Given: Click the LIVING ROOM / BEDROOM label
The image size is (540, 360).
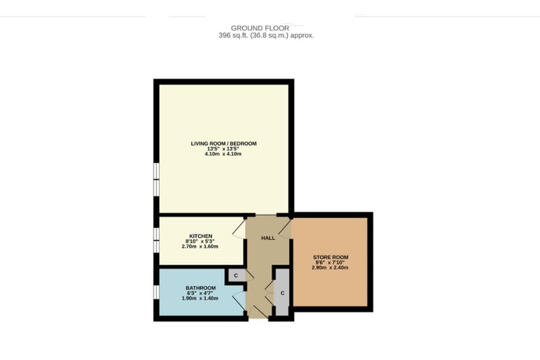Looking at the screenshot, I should pos(224,143).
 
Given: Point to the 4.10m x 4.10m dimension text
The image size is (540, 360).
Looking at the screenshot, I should pos(224,155).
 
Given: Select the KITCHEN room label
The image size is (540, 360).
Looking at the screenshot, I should pos(200,236).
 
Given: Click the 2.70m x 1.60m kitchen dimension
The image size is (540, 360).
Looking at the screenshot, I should pos(200,246).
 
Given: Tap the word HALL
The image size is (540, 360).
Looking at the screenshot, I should pos(268,238).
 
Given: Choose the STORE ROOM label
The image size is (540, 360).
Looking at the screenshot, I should pos(330,257).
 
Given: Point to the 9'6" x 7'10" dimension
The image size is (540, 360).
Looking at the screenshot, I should pos(330,262).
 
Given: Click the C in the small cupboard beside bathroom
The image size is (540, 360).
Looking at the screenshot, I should pos(236,275).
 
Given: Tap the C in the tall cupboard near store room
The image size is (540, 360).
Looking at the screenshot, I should pos(283,293).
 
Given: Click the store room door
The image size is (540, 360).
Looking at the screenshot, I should pos(285,229).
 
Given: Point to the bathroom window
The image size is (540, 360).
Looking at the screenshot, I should pos(156,292).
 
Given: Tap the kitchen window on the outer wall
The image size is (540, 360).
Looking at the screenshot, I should pos(156,240).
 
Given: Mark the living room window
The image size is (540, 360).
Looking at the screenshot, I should pos(156,179).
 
